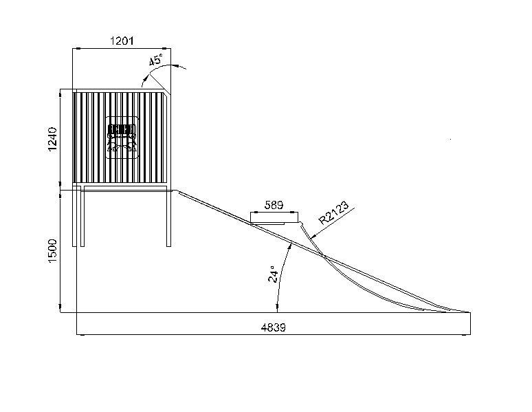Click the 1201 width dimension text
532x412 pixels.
pos(122,41)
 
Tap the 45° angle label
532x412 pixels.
pos(156,61)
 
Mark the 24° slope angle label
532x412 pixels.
pos(274,274)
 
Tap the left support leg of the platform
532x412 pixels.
pos(82,217)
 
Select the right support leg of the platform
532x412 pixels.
pos(168,217)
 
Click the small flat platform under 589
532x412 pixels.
pos(275,221)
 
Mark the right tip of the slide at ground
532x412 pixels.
pos(469,312)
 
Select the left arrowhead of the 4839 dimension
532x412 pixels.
pos(79,334)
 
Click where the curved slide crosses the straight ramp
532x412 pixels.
pos(323,255)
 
